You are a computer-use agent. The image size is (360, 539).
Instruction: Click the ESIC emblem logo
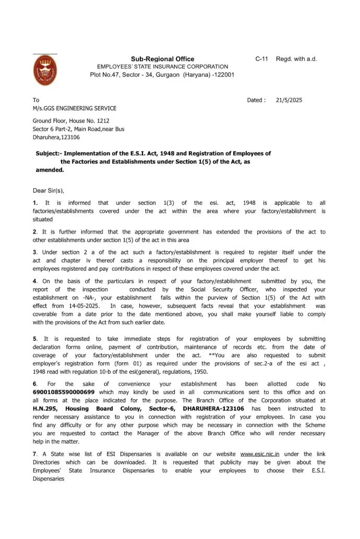45,71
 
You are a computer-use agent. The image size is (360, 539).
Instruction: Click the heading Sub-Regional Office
162,59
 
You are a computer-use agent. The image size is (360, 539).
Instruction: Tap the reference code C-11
261,59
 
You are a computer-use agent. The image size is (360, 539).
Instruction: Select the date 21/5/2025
289,100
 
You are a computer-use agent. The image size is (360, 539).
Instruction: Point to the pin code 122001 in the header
224,75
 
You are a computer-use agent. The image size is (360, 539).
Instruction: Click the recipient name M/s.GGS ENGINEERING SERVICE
75,108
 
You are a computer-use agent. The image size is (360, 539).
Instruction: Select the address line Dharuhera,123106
56,137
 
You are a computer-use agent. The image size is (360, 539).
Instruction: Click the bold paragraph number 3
34,252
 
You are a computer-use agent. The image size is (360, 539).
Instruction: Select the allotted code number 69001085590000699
64,392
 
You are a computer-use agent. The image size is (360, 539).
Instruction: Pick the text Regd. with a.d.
296,59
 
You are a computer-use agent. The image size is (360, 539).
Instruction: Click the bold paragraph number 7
34,454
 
